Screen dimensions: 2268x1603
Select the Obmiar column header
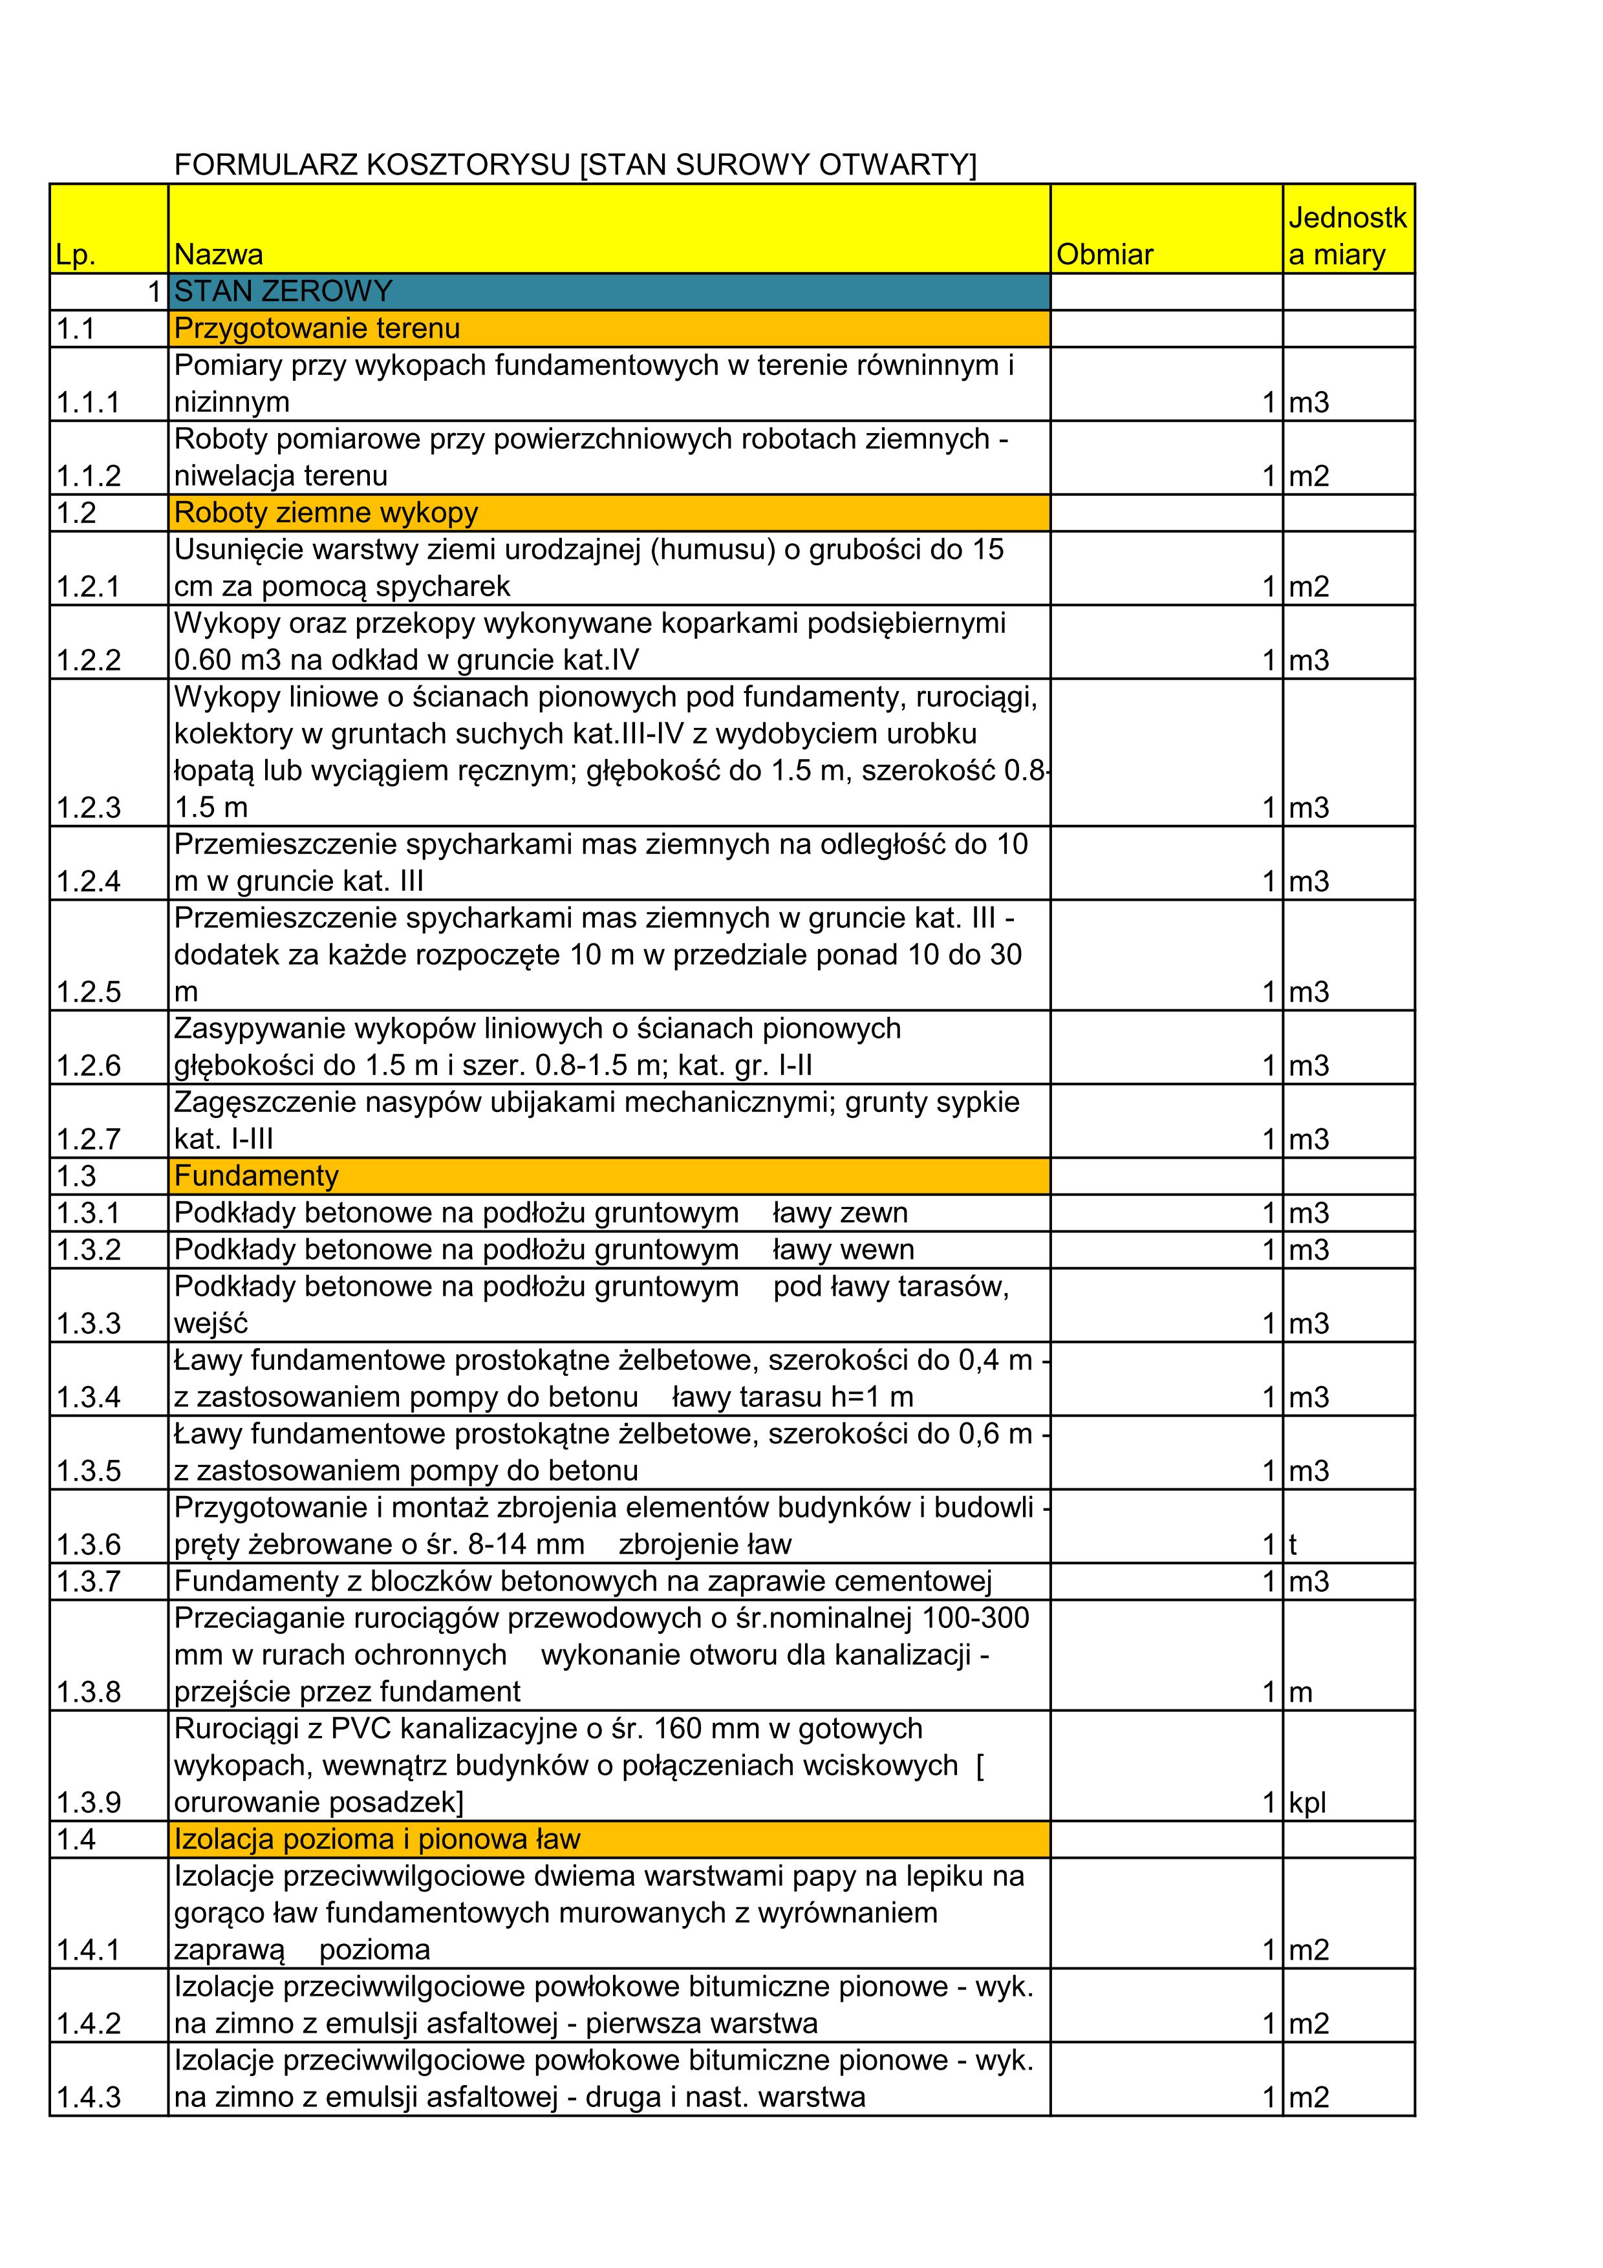tap(1104, 255)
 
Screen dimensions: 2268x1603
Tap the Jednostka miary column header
tap(1346, 236)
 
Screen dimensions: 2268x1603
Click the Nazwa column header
tap(219, 255)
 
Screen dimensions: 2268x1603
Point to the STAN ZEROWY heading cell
tap(283, 292)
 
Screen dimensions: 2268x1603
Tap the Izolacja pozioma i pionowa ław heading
tap(377, 1839)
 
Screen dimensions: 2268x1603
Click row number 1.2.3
tap(89, 808)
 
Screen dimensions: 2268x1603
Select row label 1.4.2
tap(89, 2024)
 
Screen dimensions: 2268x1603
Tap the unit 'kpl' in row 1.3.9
tap(1307, 1803)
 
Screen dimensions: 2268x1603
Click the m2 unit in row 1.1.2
tap(1309, 476)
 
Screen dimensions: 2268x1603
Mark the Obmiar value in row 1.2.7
tap(1269, 1139)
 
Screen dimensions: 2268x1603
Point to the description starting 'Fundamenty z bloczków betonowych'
tap(583, 1581)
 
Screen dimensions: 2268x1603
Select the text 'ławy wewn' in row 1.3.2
tap(843, 1250)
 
